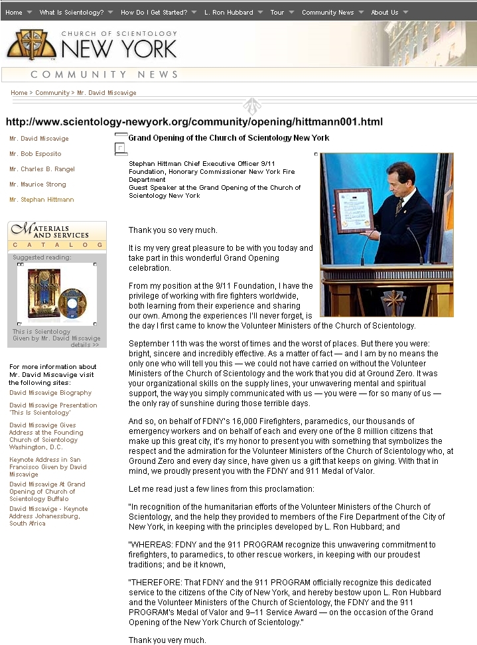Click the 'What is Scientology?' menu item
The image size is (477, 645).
(x=71, y=12)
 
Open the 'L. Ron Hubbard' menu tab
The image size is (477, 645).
(x=229, y=12)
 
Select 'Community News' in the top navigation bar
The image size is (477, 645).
(x=328, y=12)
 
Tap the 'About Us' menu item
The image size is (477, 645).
(x=385, y=12)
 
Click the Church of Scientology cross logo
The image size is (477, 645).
(x=31, y=44)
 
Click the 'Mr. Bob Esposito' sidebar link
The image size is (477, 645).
(x=35, y=154)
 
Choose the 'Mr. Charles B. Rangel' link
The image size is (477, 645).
(x=42, y=169)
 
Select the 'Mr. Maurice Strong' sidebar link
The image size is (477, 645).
(x=38, y=184)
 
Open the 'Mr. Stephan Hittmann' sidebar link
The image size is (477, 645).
(x=42, y=200)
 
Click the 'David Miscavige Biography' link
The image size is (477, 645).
(x=50, y=393)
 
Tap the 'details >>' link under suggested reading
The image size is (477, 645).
(x=85, y=345)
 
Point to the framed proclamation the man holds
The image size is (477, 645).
(x=354, y=211)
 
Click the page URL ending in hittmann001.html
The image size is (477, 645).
(x=194, y=122)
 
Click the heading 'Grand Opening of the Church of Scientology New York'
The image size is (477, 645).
(x=229, y=138)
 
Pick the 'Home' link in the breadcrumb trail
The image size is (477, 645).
(x=19, y=93)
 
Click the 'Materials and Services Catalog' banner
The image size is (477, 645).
(x=57, y=237)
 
